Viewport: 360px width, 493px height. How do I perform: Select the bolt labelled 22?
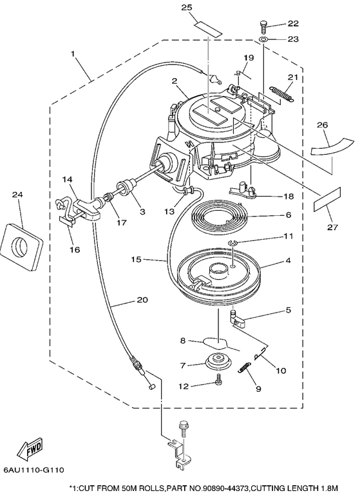263,27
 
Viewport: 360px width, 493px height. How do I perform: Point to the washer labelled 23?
263,39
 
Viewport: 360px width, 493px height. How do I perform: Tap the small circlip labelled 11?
232,242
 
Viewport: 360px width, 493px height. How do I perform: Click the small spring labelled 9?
244,367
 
